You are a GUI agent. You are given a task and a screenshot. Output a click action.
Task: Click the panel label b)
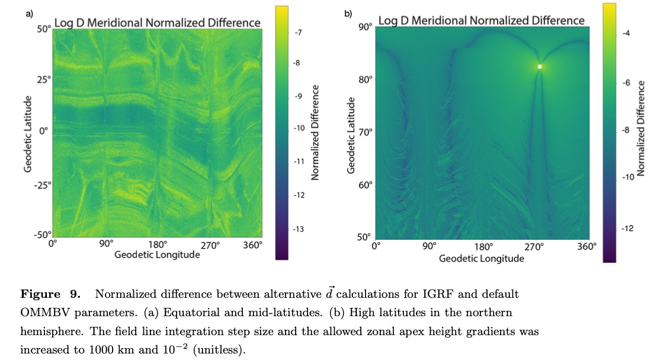click(x=348, y=12)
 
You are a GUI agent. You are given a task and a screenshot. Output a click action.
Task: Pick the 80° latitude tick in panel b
click(x=365, y=80)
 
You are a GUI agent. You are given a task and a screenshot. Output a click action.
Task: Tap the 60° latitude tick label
click(x=365, y=185)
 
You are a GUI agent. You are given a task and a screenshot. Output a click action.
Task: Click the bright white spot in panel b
click(x=540, y=67)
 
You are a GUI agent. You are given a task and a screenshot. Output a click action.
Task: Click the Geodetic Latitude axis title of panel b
click(x=351, y=136)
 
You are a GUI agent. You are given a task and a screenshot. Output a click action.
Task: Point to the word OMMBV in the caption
click(x=41, y=312)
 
